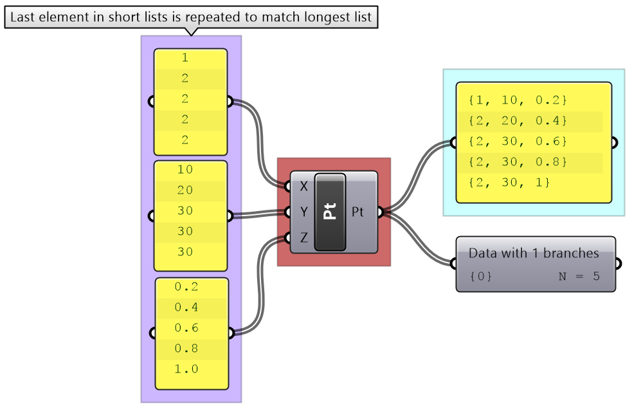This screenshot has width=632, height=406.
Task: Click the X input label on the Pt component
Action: (303, 187)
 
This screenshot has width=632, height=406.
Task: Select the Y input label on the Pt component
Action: (303, 212)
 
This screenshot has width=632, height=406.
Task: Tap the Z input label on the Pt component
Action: (303, 237)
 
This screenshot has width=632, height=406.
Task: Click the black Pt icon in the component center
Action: (330, 212)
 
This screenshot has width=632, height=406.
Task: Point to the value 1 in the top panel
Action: (185, 58)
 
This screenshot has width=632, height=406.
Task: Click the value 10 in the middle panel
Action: (185, 170)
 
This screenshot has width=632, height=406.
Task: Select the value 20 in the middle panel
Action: (185, 190)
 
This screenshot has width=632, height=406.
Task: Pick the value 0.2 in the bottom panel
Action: (186, 287)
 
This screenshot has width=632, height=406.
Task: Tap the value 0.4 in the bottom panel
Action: (186, 308)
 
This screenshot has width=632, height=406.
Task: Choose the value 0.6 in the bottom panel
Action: (186, 328)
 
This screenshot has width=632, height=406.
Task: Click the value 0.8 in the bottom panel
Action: (186, 349)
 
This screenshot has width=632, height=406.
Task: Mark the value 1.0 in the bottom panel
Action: (186, 369)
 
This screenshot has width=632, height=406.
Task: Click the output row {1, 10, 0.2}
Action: (518, 100)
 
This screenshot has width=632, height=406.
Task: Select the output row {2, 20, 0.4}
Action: (518, 121)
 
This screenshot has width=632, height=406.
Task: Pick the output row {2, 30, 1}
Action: (509, 183)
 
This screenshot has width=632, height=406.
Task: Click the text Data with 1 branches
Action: (534, 254)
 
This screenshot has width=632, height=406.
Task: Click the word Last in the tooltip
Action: (24, 17)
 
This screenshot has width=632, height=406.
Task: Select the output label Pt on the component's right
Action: (358, 212)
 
